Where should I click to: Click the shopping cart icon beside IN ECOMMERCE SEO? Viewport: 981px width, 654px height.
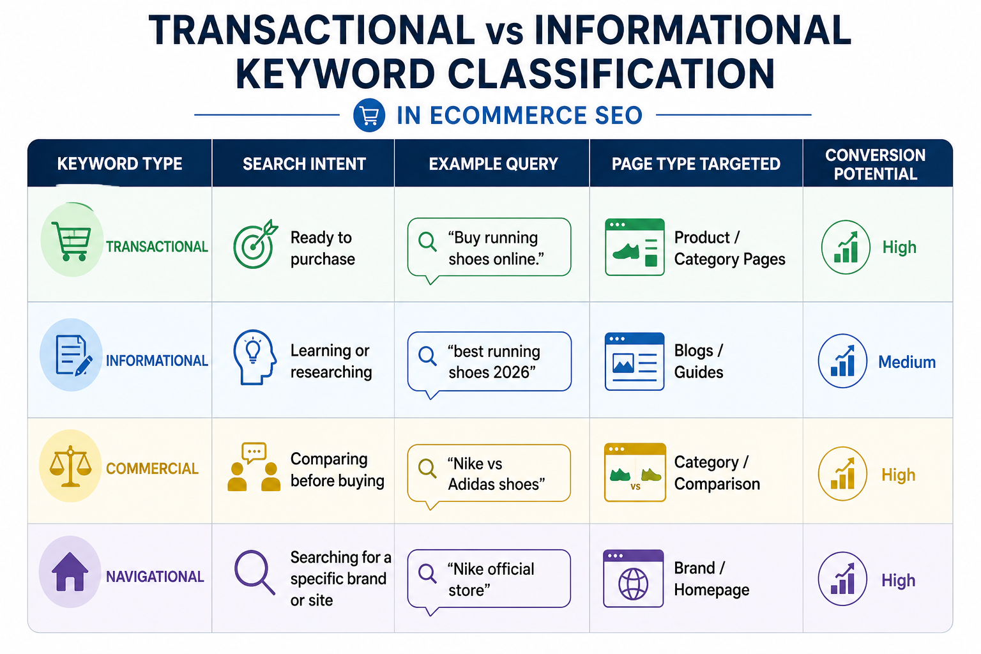point(369,116)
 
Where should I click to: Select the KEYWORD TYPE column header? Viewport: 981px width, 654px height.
point(119,164)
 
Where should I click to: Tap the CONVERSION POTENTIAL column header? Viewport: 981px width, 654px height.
point(875,164)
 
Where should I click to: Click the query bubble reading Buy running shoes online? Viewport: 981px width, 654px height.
point(489,248)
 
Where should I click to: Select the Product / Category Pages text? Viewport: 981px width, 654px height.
point(729,248)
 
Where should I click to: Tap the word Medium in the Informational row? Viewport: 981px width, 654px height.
point(906,362)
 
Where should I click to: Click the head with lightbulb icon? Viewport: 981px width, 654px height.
point(254,357)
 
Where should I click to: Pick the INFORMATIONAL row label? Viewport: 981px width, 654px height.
point(156,361)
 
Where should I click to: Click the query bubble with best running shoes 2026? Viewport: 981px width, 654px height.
point(489,361)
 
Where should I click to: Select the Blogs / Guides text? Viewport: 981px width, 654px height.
point(699,361)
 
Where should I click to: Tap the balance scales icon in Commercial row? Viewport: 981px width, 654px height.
point(70,466)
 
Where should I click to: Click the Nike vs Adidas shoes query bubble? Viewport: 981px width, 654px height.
point(489,473)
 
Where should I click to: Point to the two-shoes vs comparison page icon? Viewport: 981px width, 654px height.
point(635,473)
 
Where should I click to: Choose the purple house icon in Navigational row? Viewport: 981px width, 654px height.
point(70,572)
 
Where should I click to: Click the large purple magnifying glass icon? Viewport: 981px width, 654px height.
point(254,570)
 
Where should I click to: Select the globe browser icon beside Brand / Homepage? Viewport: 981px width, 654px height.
point(634,578)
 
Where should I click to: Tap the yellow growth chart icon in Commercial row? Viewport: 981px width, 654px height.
point(842,474)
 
